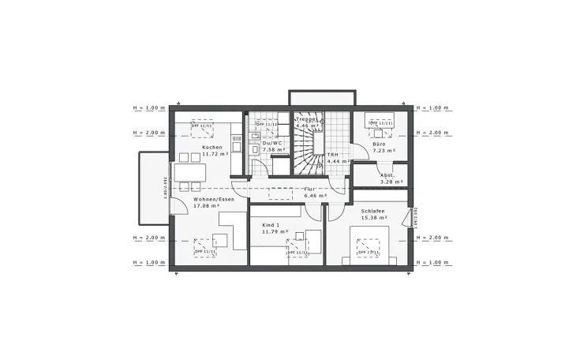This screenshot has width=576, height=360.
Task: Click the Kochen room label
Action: (211, 148)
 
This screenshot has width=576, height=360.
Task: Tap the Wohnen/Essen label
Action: (214, 200)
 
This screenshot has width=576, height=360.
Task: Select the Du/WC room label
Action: (272, 143)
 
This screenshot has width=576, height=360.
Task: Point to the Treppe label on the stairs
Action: (307, 119)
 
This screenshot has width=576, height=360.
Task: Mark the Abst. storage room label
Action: (387, 175)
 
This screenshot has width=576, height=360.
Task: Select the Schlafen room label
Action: (374, 211)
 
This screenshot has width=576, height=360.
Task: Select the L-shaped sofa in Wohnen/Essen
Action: (230, 237)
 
